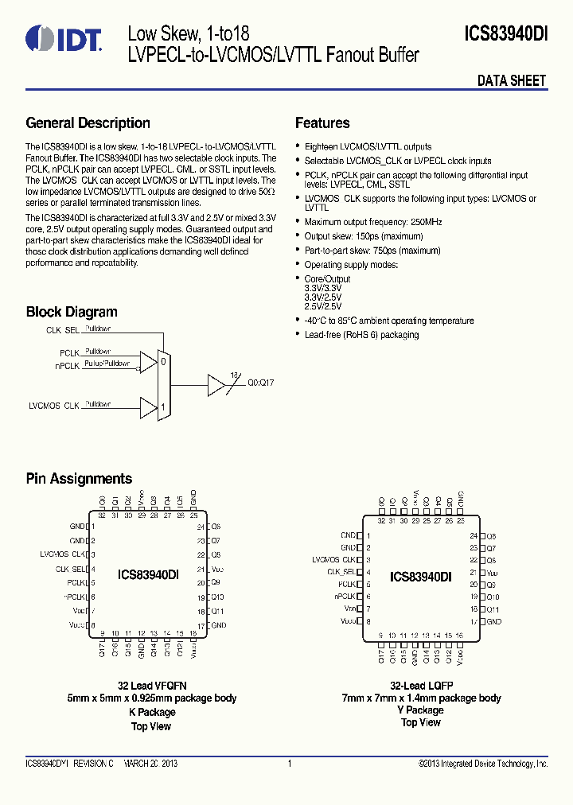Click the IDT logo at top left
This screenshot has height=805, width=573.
[63, 38]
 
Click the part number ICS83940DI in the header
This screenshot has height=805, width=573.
[506, 34]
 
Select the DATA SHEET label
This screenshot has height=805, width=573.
[511, 80]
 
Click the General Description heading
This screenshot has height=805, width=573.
[88, 123]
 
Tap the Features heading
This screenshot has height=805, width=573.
[322, 123]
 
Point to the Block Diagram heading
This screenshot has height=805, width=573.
[72, 312]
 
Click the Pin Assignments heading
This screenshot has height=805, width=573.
[79, 479]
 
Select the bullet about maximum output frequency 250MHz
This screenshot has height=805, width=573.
[373, 222]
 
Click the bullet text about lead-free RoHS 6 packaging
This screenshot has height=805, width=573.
[361, 335]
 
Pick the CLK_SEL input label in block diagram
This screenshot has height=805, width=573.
[63, 329]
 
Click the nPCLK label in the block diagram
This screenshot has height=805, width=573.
[68, 367]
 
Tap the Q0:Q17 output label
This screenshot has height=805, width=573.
[260, 383]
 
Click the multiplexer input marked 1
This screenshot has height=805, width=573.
[163, 406]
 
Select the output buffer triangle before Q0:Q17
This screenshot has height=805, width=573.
[216, 385]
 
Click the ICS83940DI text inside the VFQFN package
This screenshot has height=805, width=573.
[148, 574]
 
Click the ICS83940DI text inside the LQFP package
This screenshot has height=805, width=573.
[420, 577]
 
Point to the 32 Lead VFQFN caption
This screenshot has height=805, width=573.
[151, 685]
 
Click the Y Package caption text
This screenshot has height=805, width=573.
[421, 710]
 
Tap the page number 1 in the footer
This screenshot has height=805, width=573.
[290, 764]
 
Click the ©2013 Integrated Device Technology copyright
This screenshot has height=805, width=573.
[483, 764]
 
